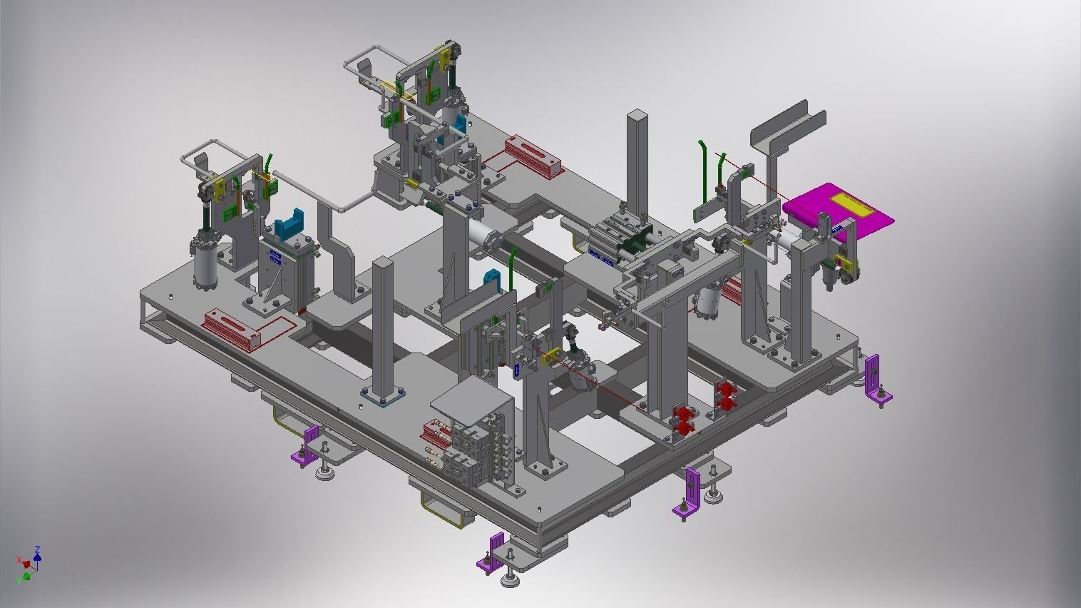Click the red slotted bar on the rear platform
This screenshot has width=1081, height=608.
coord(533,156)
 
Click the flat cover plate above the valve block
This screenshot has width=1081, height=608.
coord(468,404)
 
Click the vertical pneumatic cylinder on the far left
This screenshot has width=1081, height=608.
coord(205,264)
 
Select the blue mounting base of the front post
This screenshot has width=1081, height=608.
coord(383,397)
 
